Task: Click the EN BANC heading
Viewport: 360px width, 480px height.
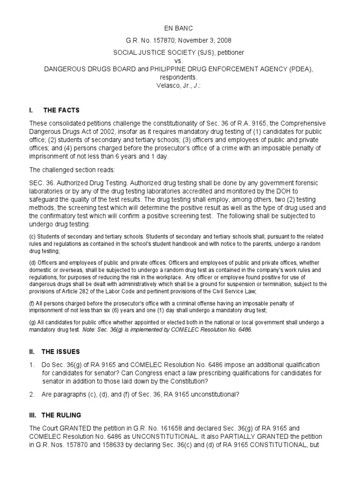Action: pyautogui.click(x=180, y=29)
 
